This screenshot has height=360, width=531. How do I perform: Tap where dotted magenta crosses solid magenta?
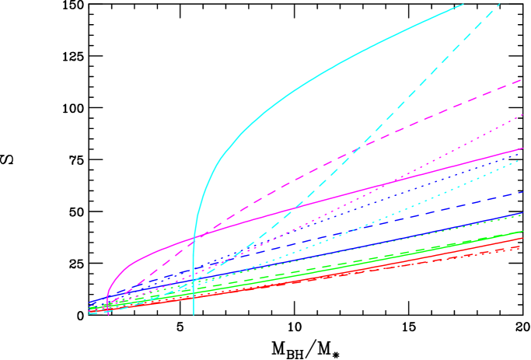coord(382,184)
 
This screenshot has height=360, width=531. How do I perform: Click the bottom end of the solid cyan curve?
coord(194,313)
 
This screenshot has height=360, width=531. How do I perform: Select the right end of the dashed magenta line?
coord(521,80)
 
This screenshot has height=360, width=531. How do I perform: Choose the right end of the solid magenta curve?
coord(522,149)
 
